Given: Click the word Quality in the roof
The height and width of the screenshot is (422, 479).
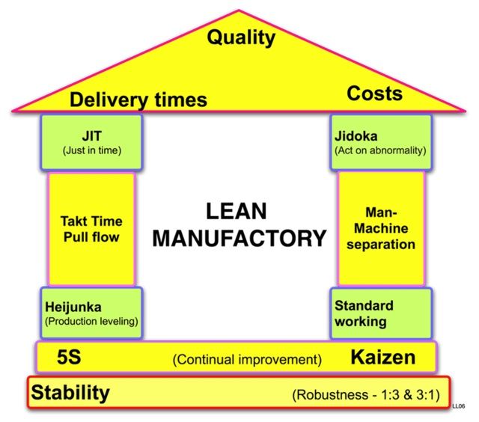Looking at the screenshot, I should click(x=242, y=37).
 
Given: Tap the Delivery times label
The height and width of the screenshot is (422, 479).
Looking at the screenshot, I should click(x=138, y=100).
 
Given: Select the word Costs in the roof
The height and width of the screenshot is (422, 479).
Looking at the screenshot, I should click(x=374, y=94).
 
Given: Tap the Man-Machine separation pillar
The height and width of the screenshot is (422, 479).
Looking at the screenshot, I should click(x=381, y=228).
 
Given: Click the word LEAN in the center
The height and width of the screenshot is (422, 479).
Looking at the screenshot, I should click(x=237, y=212).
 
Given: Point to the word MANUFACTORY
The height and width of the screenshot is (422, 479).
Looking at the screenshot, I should click(x=239, y=239).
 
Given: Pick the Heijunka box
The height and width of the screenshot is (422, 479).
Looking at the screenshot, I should click(x=91, y=314).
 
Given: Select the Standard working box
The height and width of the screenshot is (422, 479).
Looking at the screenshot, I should click(x=381, y=314).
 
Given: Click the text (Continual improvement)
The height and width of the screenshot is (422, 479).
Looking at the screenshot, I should click(x=247, y=359).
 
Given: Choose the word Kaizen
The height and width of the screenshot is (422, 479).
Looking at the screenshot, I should click(x=382, y=357).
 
